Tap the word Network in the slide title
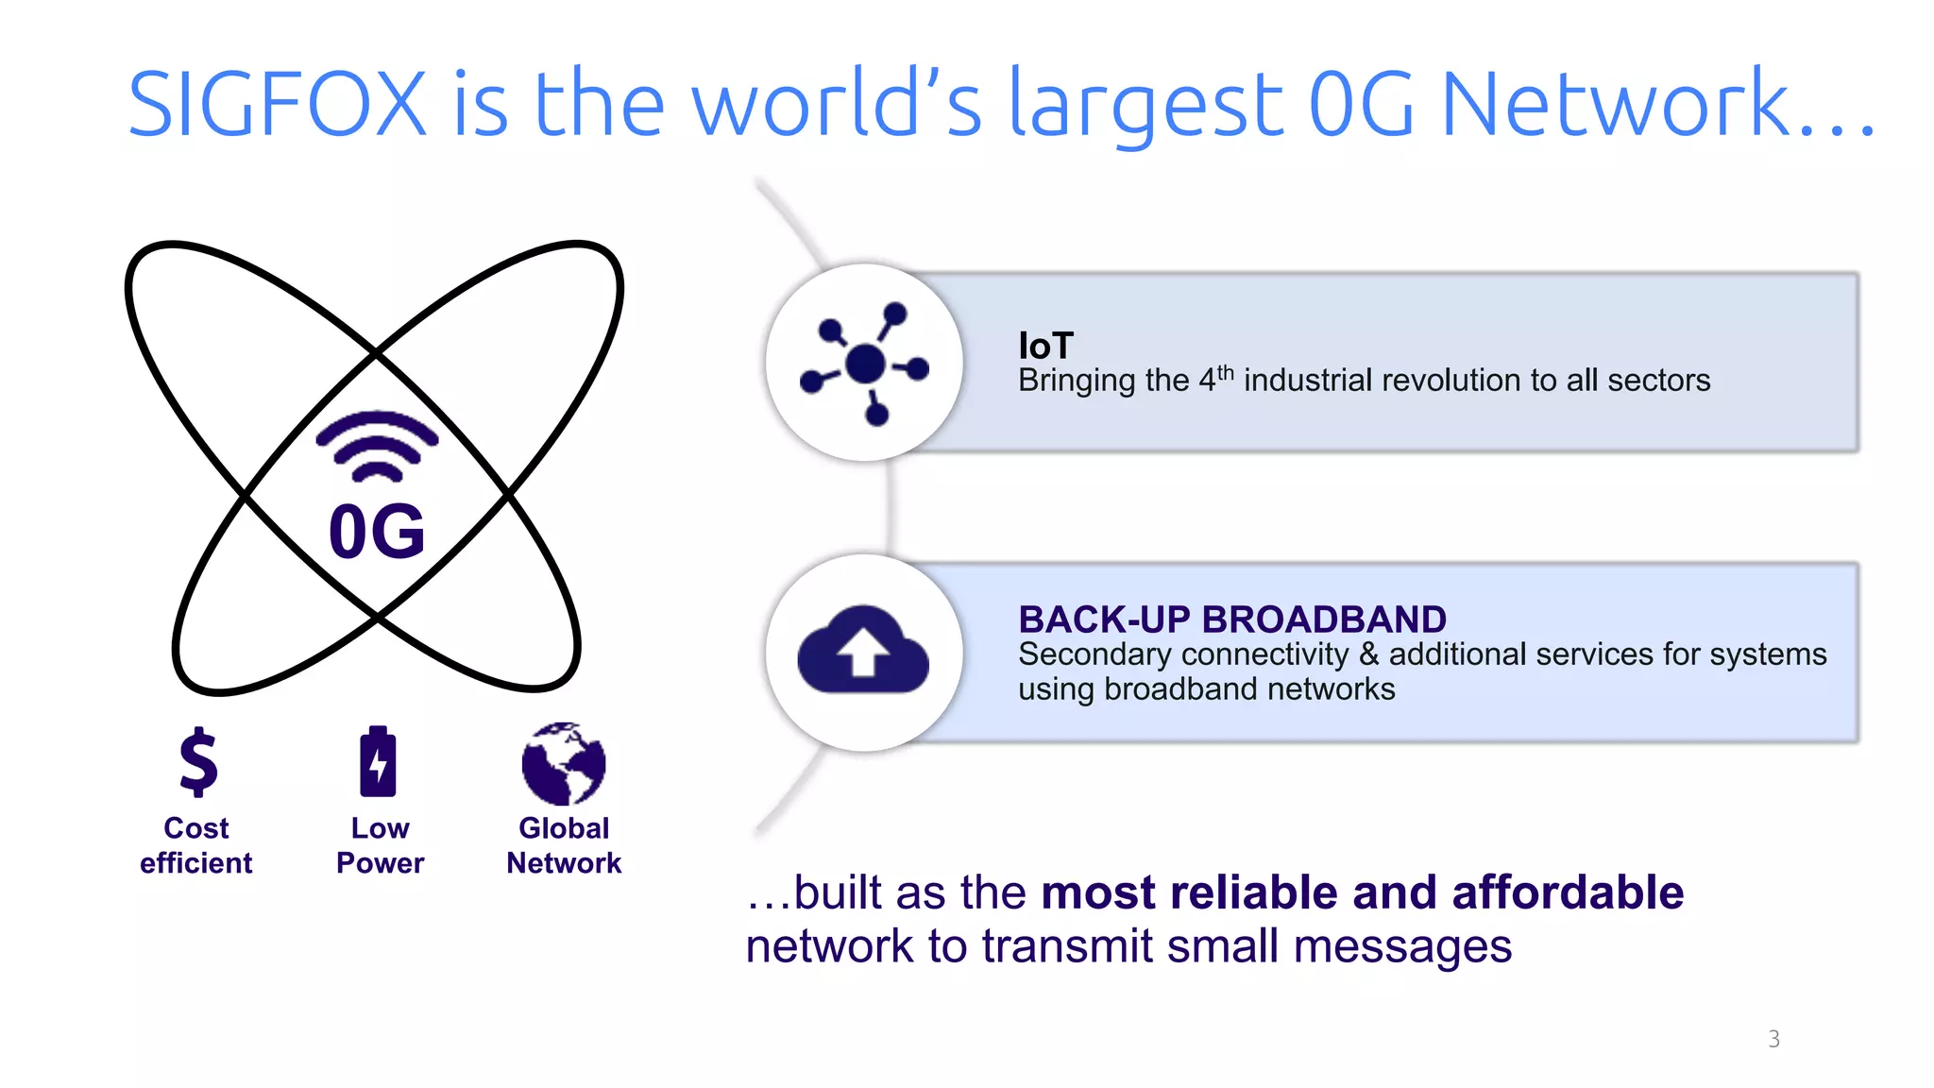(1615, 104)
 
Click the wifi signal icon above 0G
(377, 446)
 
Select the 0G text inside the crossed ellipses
(377, 532)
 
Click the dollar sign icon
(198, 761)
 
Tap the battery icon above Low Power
(379, 761)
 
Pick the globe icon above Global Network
(564, 763)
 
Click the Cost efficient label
(196, 845)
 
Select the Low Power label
(380, 845)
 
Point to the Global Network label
(564, 845)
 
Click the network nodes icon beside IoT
(864, 363)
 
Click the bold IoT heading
(1045, 346)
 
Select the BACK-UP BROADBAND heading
(1231, 620)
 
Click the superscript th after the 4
(1225, 372)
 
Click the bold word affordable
(1568, 892)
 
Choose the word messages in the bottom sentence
(1402, 946)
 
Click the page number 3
(1773, 1039)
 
